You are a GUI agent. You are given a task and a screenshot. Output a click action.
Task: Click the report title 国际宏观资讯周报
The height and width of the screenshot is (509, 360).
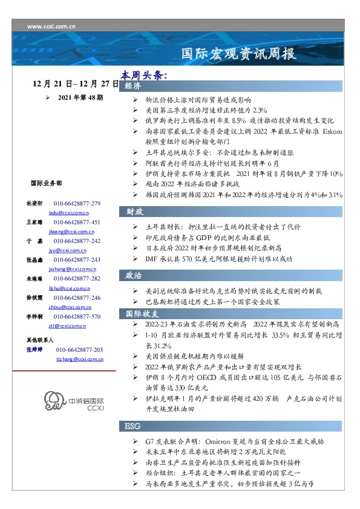click(239, 54)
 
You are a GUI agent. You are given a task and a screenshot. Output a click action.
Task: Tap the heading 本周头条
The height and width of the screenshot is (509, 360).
click(143, 76)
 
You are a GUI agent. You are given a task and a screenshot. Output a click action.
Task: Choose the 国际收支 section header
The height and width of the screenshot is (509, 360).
click(142, 314)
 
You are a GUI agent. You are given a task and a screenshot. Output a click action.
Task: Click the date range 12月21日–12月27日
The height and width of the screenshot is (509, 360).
click(77, 85)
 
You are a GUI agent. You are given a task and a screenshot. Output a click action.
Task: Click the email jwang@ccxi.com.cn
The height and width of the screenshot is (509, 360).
click(68, 232)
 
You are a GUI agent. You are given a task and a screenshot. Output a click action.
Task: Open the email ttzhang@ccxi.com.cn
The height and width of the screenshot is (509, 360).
click(79, 359)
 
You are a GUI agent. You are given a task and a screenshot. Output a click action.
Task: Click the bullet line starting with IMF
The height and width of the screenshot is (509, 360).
click(219, 259)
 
